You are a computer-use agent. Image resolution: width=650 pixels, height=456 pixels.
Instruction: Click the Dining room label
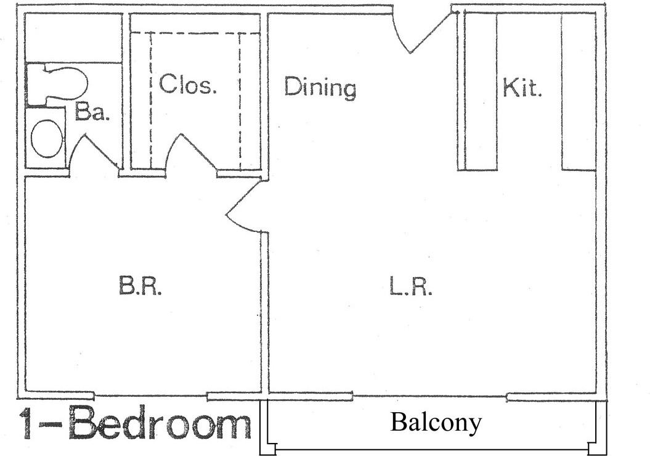(x=320, y=88)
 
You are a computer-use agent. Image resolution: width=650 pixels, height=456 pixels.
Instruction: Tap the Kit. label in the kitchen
(x=522, y=87)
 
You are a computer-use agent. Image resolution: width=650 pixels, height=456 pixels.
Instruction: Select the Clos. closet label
(x=188, y=84)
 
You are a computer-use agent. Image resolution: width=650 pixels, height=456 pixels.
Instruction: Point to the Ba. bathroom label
(x=92, y=111)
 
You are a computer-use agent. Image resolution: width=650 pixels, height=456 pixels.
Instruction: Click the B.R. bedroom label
(x=140, y=286)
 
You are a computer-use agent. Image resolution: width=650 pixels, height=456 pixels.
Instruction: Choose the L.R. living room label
(x=411, y=286)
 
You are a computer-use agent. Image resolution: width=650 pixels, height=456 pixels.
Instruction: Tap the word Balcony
(x=436, y=423)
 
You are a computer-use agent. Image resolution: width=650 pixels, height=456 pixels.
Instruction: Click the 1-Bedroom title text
(x=135, y=424)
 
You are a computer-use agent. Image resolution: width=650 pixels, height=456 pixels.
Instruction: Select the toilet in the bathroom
(x=57, y=84)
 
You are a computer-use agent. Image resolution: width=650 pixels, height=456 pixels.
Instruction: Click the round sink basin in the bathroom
(x=47, y=139)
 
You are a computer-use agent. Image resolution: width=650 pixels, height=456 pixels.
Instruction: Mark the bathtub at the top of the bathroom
(x=73, y=38)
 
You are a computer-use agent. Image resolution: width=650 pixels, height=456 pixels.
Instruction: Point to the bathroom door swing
(x=94, y=152)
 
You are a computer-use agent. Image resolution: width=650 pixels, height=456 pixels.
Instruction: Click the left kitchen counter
(x=481, y=91)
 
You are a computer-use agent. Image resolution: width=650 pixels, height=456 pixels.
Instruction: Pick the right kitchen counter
(x=579, y=91)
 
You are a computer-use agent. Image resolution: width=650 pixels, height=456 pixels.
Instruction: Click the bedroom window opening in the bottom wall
(x=150, y=396)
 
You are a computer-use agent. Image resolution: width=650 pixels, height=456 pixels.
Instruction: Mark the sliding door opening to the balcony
(x=430, y=397)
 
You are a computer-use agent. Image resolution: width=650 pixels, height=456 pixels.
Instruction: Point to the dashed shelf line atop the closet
(x=195, y=32)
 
